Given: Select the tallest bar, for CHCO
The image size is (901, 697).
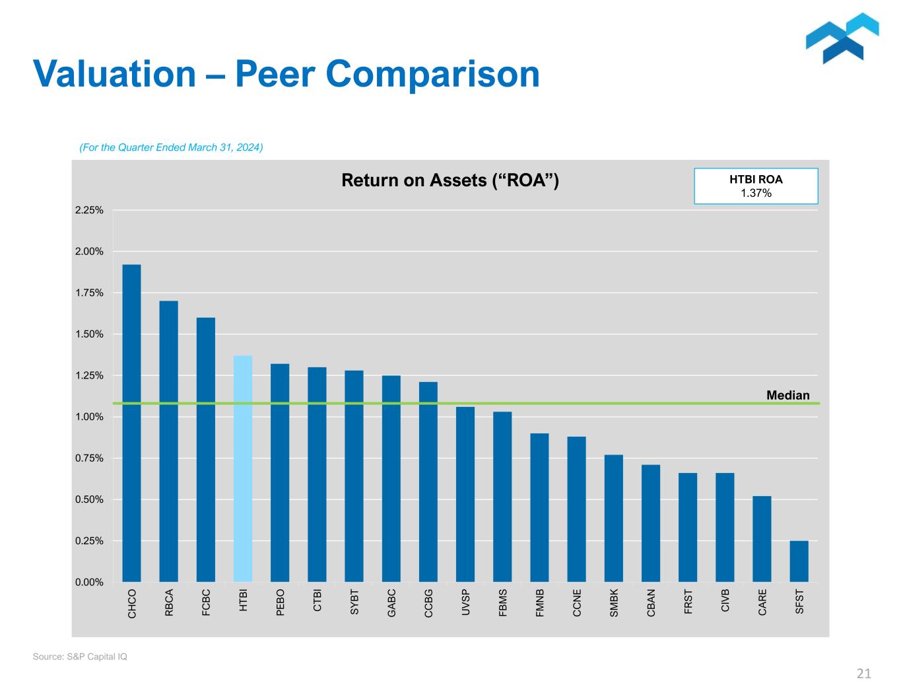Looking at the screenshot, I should (131, 423).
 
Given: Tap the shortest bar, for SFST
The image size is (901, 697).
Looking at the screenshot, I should (799, 561).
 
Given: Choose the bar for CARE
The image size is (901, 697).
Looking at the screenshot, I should (762, 538).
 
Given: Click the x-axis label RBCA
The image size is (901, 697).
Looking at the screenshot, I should (169, 603).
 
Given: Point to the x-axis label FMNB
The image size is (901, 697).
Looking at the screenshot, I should (540, 603).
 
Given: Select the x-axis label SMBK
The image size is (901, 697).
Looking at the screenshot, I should (614, 603).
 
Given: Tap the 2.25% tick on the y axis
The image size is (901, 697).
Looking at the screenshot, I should (89, 210).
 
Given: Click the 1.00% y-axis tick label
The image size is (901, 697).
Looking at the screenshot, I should (89, 417).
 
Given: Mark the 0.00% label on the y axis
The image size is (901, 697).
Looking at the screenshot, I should (89, 582).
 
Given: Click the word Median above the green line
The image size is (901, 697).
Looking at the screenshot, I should (787, 395).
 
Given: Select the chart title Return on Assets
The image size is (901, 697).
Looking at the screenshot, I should (450, 180).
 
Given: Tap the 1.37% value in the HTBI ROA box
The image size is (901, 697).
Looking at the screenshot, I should (756, 193).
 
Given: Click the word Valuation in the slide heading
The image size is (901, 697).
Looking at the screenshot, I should (114, 73).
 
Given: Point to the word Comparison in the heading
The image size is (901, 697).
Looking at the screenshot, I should (432, 73).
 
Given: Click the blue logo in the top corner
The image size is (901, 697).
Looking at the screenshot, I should (842, 38).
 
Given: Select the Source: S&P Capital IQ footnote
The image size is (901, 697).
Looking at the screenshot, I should (80, 657).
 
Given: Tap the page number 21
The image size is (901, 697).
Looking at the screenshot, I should (863, 674).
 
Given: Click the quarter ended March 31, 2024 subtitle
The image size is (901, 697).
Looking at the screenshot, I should (171, 147).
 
